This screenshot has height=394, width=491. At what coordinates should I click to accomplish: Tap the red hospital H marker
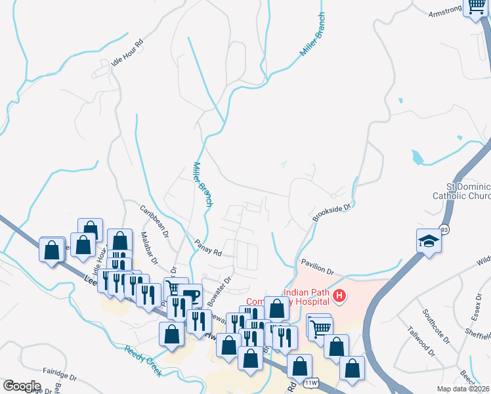(339, 296)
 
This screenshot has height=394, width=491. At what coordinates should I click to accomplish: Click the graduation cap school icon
(429, 240)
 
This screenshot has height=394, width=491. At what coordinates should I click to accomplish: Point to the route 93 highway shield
(444, 229)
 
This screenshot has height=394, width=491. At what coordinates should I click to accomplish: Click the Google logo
(22, 386)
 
